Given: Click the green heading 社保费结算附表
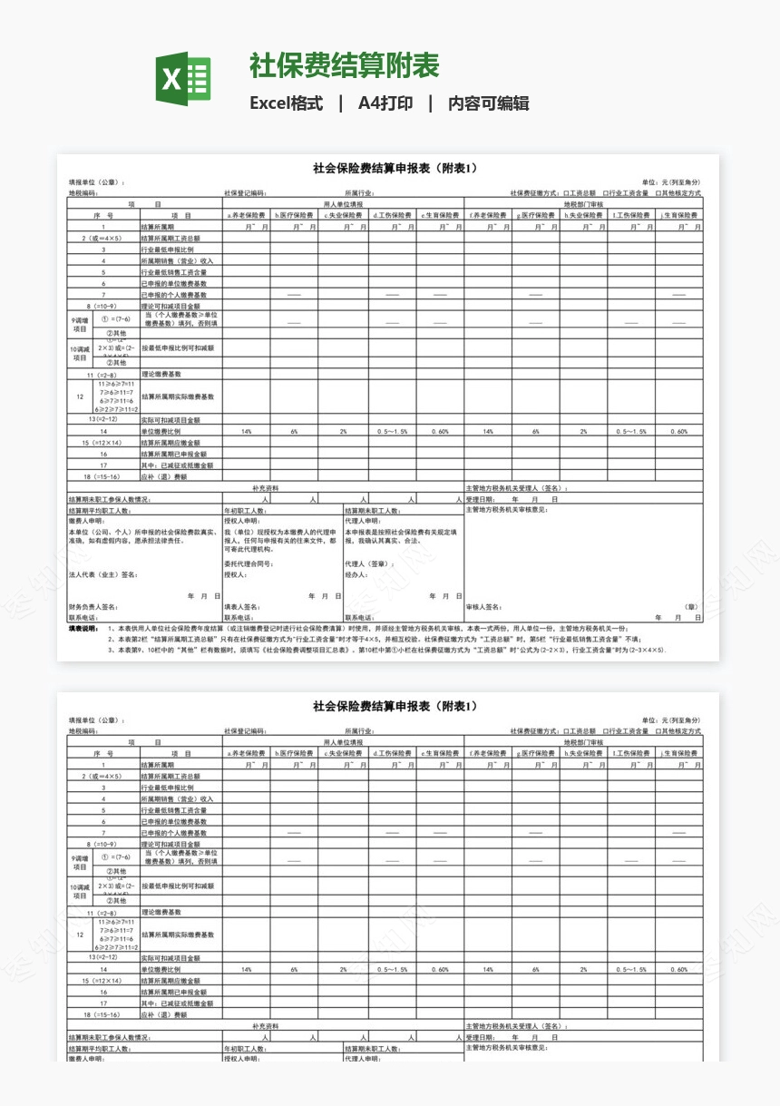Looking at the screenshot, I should click(344, 65).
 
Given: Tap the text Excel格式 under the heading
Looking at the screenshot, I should click(287, 103).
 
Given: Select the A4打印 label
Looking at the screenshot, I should click(385, 103).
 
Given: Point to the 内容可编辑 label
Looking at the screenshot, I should click(489, 103).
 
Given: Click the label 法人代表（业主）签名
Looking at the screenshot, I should click(103, 574).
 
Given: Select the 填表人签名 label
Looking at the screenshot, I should click(242, 607).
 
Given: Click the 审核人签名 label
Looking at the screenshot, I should click(484, 607).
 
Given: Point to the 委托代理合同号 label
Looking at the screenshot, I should click(249, 563).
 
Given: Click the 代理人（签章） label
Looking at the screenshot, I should click(369, 563).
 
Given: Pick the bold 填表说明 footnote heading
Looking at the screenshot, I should click(83, 628).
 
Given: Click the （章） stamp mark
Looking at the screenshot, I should click(692, 607).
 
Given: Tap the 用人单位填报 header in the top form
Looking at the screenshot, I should click(344, 205).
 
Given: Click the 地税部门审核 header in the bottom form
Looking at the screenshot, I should click(582, 742).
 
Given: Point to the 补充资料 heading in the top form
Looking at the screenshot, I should click(265, 488).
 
